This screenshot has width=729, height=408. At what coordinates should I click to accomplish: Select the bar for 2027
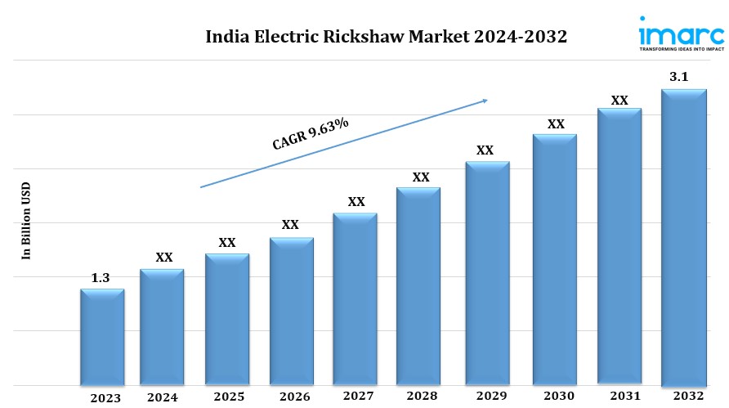tap(356, 299)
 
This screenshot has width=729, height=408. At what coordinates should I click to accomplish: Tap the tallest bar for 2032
tap(683, 237)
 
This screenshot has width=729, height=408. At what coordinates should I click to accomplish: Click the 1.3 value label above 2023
tap(101, 279)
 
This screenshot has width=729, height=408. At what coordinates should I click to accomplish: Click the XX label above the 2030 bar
tap(556, 124)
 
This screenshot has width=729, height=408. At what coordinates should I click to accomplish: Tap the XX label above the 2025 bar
tap(227, 243)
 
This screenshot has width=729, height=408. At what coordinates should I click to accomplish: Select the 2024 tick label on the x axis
tap(163, 398)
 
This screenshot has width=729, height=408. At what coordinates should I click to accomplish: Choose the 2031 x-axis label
tap(620, 397)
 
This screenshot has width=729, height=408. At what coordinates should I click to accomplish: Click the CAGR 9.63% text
tap(310, 134)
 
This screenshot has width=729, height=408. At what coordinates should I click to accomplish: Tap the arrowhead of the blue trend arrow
tap(485, 101)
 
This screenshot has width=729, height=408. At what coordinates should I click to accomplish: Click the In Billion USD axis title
tap(25, 222)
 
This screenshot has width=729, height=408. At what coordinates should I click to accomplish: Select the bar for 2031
tap(619, 246)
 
